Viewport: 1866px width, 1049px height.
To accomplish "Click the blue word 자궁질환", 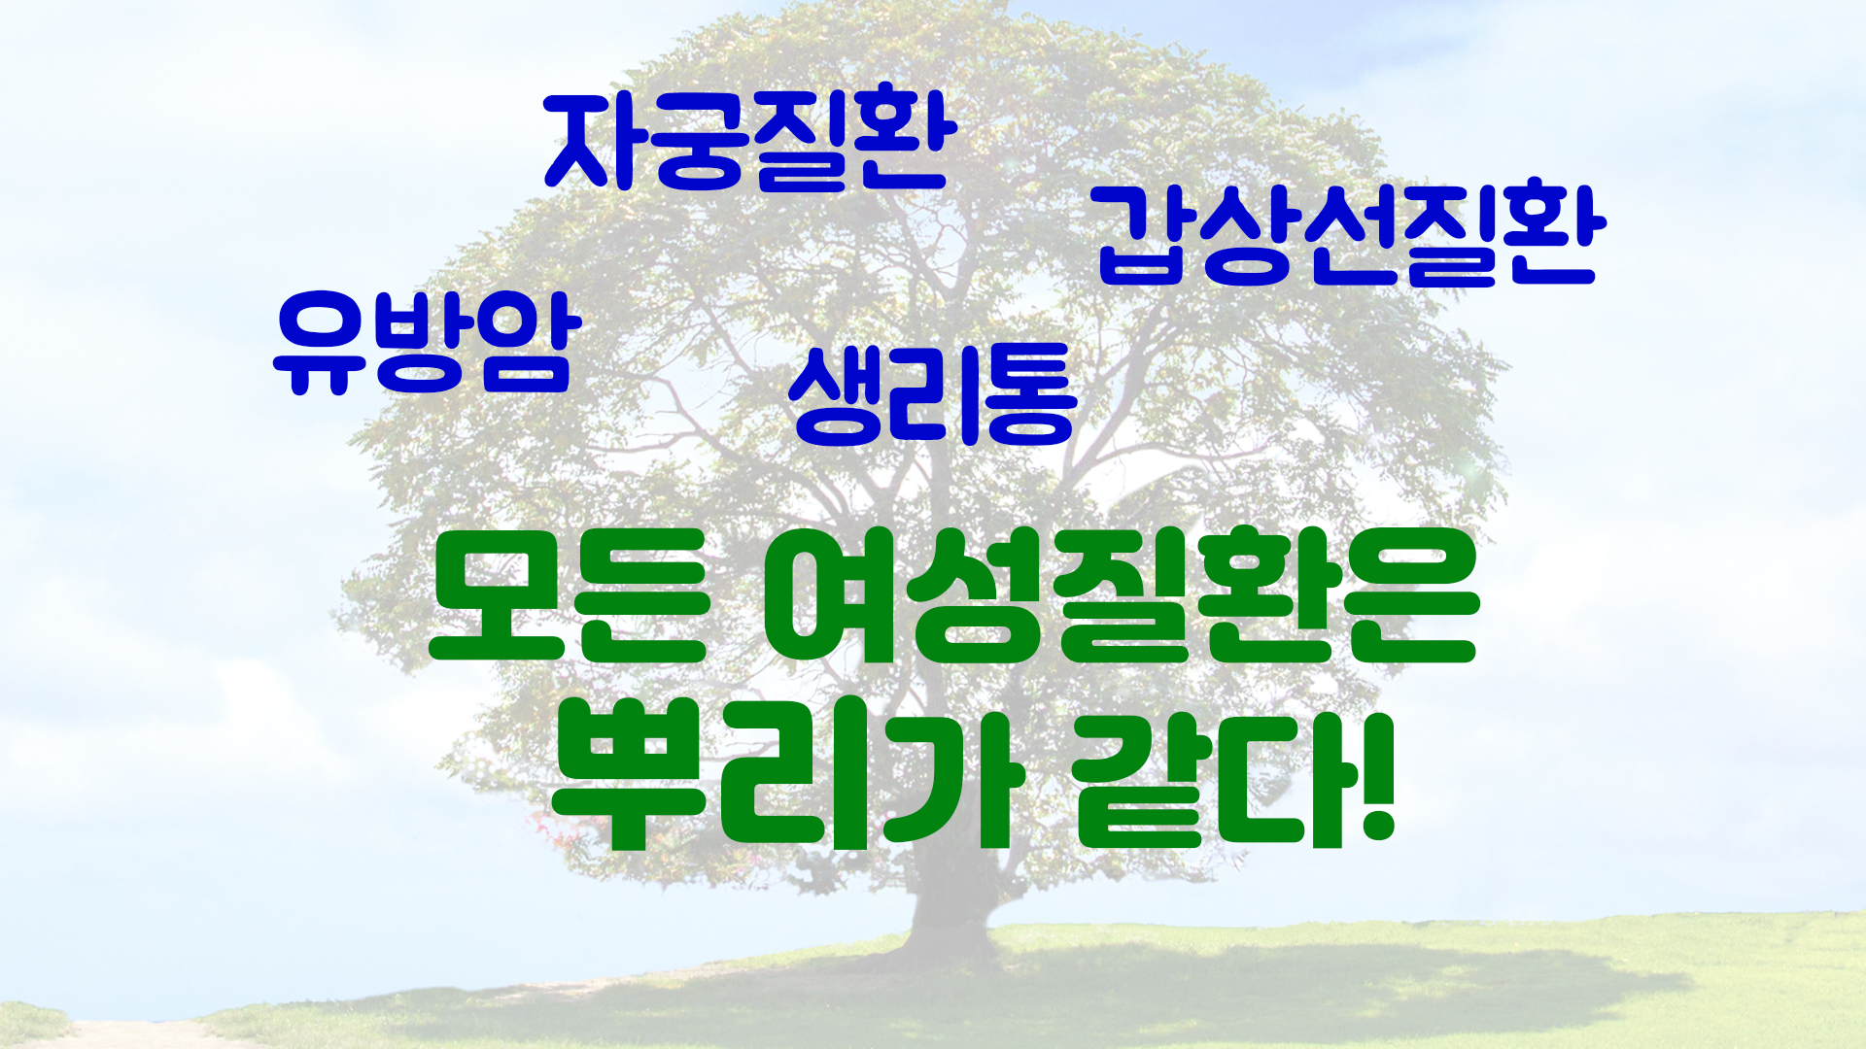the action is (x=750, y=143).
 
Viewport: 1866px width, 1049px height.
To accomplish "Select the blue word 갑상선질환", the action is (x=1352, y=235).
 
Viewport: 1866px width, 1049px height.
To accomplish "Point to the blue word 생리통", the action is (x=933, y=394).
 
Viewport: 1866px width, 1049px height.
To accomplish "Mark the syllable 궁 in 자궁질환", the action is (x=698, y=143).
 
